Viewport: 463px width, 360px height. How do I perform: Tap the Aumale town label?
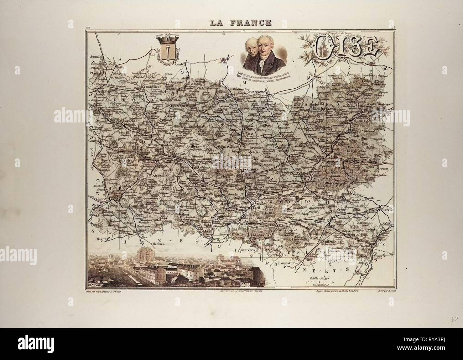tap(96, 57)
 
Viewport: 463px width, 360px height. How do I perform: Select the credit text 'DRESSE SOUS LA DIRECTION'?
tap(234, 293)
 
